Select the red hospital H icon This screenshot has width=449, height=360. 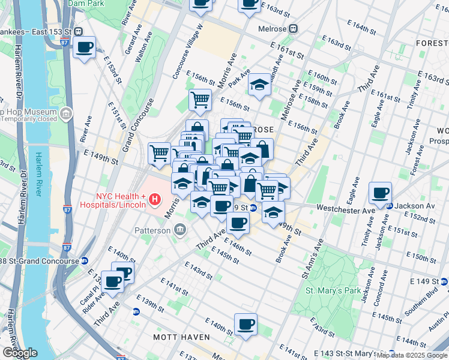coord(155,199)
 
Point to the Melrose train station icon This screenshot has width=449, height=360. coord(294,28)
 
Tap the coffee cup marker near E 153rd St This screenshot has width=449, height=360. coord(85,47)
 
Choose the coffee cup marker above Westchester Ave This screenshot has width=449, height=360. coord(380,193)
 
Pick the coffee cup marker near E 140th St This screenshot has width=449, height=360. coord(245,325)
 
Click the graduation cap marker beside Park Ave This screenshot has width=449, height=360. coord(259,85)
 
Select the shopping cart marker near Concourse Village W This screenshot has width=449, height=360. coord(200,99)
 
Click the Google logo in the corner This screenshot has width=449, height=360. coord(19,353)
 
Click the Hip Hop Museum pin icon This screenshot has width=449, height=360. coord(65,112)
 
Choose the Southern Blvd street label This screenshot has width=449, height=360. coord(422,313)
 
